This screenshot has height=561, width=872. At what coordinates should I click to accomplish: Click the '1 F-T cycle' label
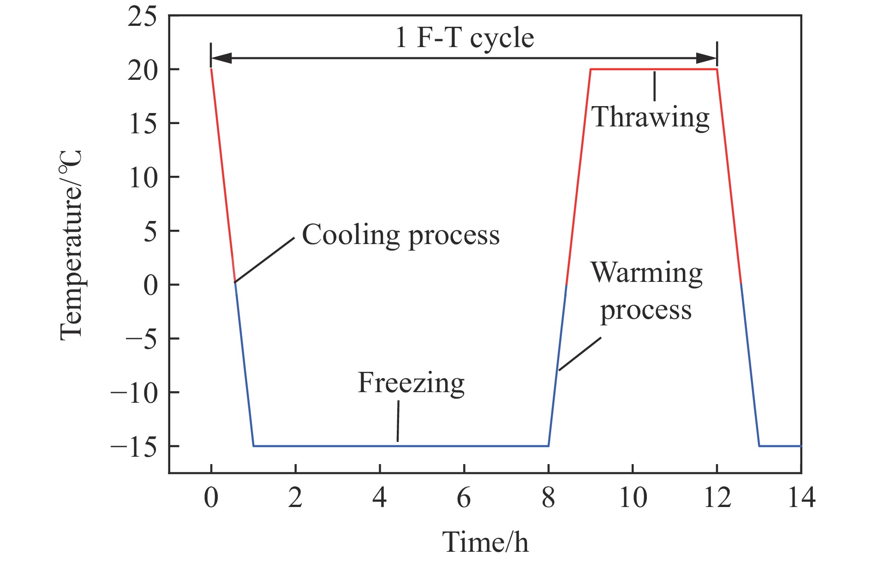(465, 38)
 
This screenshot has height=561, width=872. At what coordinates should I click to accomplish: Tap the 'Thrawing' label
(651, 117)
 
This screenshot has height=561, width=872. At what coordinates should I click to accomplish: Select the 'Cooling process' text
(400, 235)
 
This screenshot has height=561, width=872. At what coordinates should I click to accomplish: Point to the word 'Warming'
(646, 273)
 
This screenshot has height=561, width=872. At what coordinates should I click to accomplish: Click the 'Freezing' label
(411, 383)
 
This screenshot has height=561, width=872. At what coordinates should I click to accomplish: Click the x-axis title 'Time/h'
(485, 542)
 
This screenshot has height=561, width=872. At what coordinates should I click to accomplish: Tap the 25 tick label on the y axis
(142, 18)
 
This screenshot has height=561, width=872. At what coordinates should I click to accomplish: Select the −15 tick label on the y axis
(134, 447)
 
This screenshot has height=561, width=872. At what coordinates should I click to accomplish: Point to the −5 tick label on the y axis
(141, 339)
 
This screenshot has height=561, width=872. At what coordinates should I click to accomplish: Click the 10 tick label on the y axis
(143, 178)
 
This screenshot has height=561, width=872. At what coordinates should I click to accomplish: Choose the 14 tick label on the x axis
(801, 498)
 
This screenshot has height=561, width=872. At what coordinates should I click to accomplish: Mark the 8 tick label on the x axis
(548, 498)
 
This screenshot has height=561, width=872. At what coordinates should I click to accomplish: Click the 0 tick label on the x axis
(211, 498)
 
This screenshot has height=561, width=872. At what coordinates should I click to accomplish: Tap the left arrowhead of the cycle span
(221, 58)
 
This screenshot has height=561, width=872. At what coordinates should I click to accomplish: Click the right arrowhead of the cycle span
(707, 58)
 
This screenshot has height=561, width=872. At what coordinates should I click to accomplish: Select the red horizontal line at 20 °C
(653, 69)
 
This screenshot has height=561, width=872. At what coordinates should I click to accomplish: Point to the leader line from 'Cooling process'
(264, 260)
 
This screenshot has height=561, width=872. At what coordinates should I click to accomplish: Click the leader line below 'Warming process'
(580, 354)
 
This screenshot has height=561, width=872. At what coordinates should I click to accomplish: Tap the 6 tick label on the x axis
(464, 498)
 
